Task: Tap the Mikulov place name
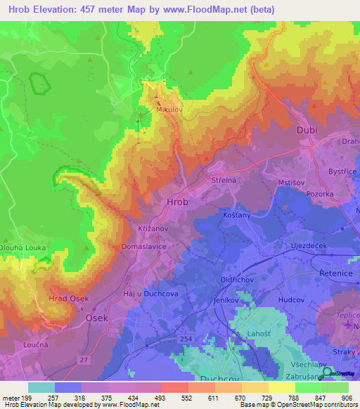(170, 110)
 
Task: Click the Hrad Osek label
(68, 299)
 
